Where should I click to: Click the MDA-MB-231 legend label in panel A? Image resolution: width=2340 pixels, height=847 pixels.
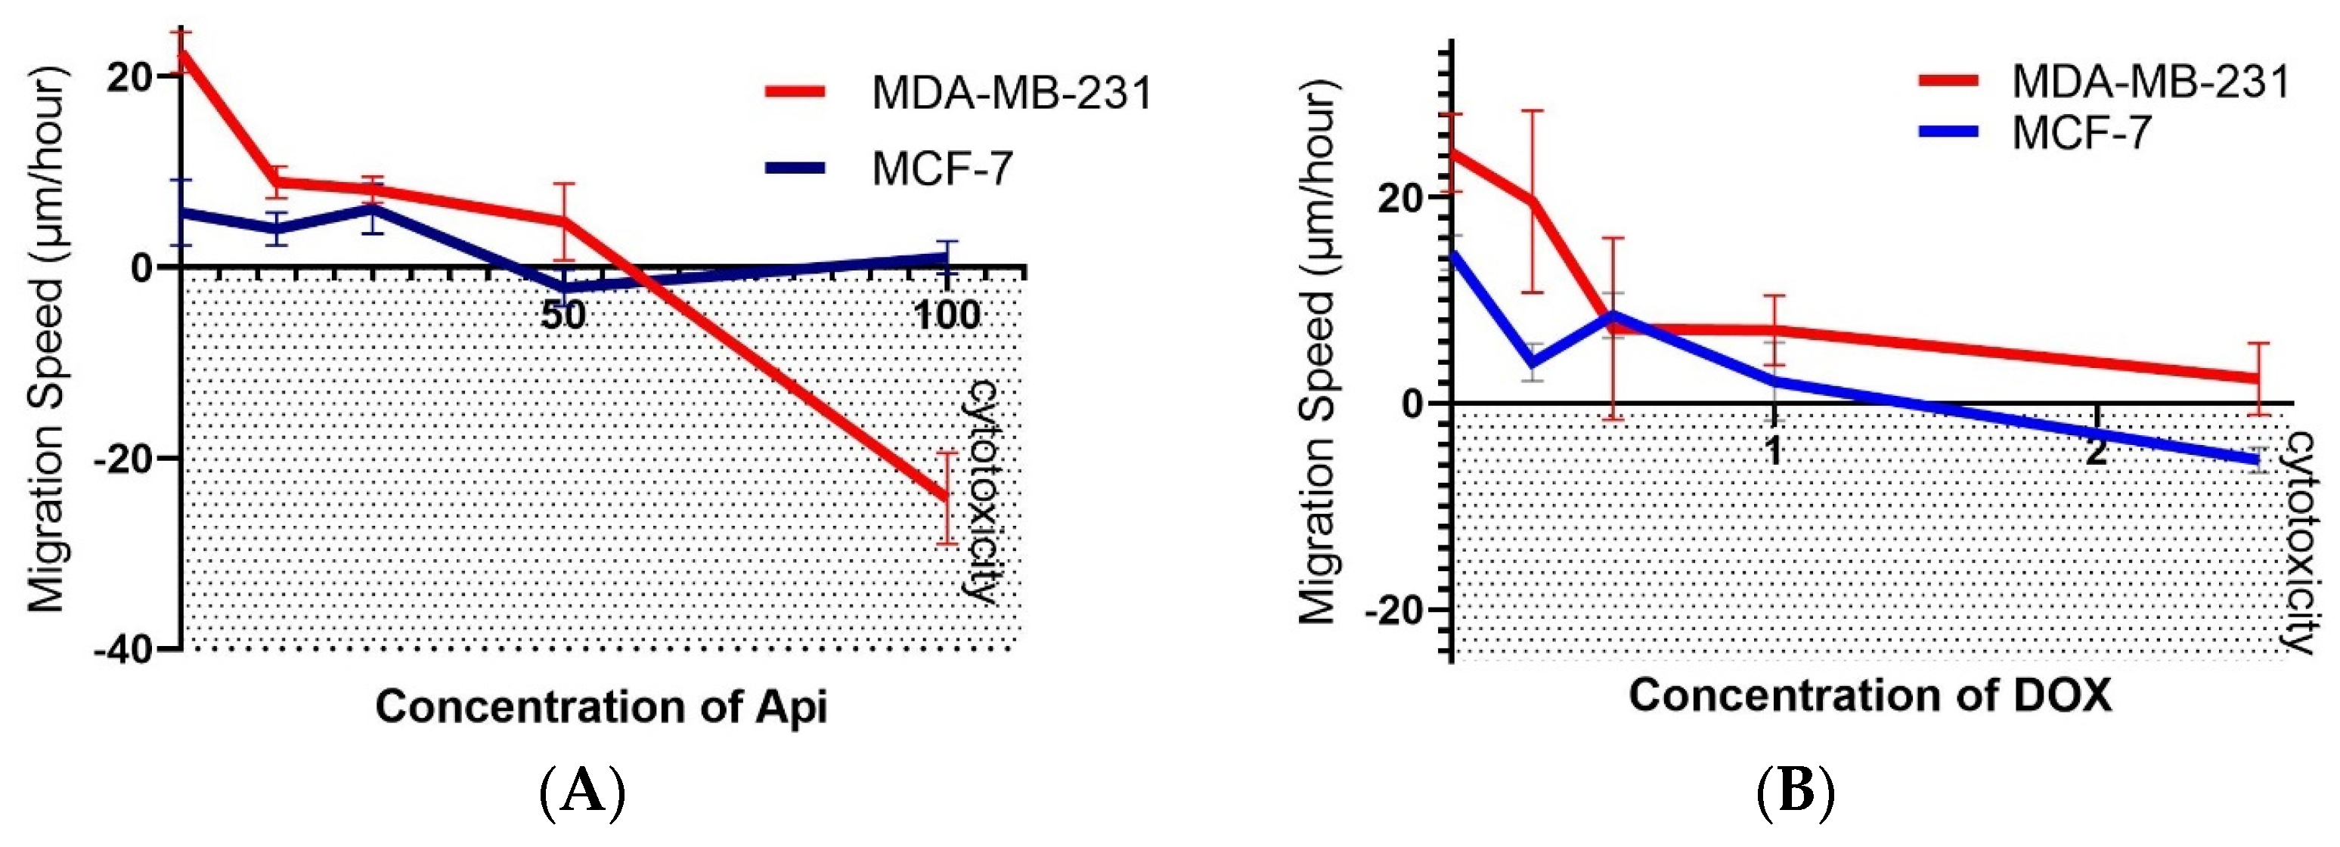coord(1011,93)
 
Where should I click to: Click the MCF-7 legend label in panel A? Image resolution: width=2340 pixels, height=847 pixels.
coord(942,168)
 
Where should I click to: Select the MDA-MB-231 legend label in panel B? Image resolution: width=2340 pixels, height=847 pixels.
coord(2149,82)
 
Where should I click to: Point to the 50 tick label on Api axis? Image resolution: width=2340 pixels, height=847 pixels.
coord(563,315)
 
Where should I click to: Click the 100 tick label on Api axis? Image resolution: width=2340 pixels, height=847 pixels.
coord(947,315)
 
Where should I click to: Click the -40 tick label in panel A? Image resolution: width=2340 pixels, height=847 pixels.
coord(125,650)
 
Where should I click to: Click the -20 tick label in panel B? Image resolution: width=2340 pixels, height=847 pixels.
coord(1393,610)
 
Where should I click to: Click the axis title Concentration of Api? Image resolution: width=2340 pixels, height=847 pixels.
coord(601,706)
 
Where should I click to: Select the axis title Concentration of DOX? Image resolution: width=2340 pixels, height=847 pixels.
coord(1870,695)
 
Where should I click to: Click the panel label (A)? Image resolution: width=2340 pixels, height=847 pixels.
coord(582,793)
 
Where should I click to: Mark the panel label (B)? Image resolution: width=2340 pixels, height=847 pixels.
coord(1796,793)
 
